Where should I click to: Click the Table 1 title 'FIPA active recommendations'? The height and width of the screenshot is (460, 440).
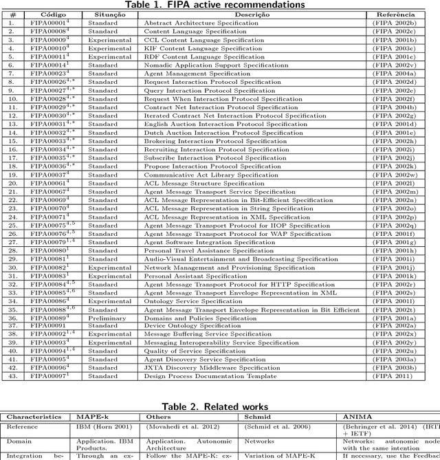coord(215,5)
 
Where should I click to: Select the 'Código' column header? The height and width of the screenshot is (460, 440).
coord(48,14)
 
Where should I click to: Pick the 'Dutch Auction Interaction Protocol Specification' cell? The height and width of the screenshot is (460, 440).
coord(213,133)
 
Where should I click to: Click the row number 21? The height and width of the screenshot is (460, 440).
coord(12,192)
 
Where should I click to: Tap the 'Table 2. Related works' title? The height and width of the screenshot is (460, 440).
coord(215,407)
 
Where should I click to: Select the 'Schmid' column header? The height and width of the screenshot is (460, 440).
coord(254,417)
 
